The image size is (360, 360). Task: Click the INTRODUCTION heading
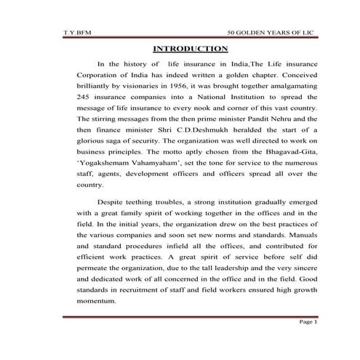[190, 49]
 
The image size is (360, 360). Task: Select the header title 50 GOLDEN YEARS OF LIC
[272, 33]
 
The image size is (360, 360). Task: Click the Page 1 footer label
[308, 343]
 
